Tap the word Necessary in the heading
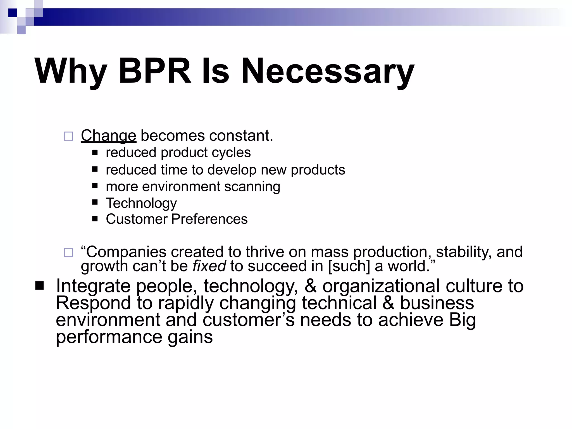point(327,71)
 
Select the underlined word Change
point(108,136)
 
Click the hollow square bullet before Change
point(68,136)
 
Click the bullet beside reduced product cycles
point(95,152)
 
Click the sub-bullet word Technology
point(141,203)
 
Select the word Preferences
point(209,219)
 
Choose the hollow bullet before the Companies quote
point(68,252)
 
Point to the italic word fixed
point(209,266)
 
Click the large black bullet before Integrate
point(40,286)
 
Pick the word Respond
point(93,303)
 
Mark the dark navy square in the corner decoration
point(13,13)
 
